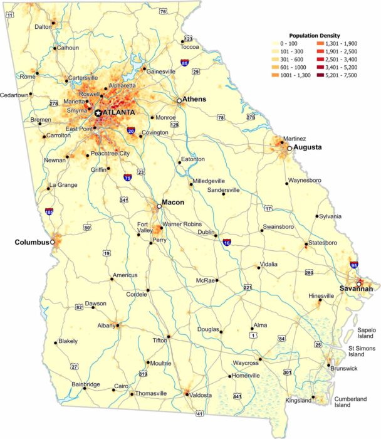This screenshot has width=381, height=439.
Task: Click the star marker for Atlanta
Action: coord(98,112)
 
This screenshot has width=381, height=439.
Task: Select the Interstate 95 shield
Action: coord(354,266)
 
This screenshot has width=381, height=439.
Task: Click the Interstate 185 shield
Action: coord(49,212)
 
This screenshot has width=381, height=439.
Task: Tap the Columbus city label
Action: coord(32,241)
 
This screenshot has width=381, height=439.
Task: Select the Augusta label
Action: coord(308,148)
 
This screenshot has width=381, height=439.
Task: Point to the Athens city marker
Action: coord(179,100)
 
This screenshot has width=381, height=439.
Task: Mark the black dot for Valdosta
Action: coord(186,394)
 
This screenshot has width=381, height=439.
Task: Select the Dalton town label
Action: coord(43,27)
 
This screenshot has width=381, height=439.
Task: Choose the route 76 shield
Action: coord(163,11)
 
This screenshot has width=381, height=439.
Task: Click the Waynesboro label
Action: coord(305,181)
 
